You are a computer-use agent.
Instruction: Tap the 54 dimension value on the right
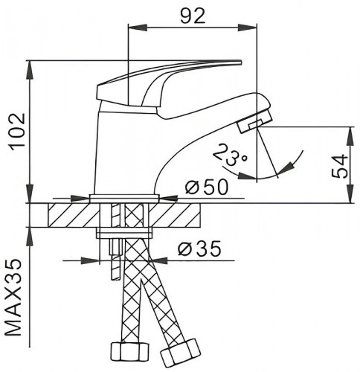click(338, 164)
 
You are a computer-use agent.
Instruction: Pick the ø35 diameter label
click(200, 250)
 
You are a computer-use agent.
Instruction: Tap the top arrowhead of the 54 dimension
click(350, 129)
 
